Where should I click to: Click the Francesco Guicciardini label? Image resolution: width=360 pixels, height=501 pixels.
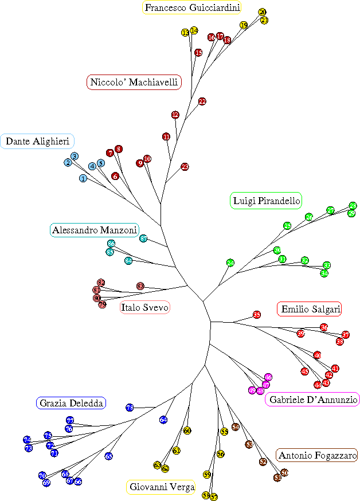click(x=191, y=7)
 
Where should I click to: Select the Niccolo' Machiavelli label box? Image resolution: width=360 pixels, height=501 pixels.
click(x=134, y=83)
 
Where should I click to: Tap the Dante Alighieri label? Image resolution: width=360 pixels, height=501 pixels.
click(x=37, y=141)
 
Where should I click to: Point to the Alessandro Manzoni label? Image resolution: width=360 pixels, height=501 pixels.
click(x=95, y=230)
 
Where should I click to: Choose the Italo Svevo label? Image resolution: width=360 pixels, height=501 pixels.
click(x=145, y=308)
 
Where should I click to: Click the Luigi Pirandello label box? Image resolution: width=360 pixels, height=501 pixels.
click(x=266, y=201)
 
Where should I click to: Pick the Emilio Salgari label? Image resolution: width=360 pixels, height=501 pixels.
click(x=310, y=309)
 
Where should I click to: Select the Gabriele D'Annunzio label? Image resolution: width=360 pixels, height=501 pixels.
click(x=312, y=400)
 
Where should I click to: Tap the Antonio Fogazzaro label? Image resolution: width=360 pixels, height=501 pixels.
click(x=316, y=456)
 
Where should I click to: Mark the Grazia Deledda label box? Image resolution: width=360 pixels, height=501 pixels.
click(x=72, y=403)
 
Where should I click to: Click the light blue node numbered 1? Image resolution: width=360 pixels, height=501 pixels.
click(x=83, y=178)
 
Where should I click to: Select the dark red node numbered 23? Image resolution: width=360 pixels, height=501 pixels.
click(x=185, y=167)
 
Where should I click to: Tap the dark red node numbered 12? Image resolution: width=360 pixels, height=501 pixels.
click(x=175, y=115)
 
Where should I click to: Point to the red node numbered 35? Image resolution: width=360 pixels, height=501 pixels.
click(x=257, y=315)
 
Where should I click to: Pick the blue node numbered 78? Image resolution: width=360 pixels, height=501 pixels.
click(x=130, y=408)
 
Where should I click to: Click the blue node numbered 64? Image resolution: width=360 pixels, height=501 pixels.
click(x=163, y=420)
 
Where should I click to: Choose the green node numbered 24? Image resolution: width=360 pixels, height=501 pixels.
click(x=230, y=263)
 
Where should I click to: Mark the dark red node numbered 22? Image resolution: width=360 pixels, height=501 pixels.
click(x=202, y=101)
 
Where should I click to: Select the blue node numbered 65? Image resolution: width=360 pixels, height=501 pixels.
click(x=108, y=456)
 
